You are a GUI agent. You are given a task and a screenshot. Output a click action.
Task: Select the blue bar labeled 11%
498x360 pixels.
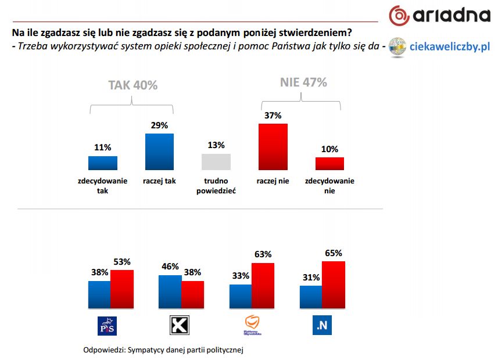pos(103,163)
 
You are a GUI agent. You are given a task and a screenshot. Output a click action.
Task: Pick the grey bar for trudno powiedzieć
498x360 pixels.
pos(216,162)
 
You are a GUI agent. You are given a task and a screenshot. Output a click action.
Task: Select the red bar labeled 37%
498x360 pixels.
pos(273,147)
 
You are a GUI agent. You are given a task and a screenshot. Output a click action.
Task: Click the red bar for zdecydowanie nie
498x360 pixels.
pos(329,164)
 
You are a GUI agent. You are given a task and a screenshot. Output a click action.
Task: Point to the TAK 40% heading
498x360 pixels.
pos(133,85)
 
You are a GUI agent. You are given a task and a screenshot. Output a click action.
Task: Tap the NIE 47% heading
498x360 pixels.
pos(303,82)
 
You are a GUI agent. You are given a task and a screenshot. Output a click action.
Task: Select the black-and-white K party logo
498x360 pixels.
pos(178,326)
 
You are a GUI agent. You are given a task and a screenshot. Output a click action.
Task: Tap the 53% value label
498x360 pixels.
pos(123,261)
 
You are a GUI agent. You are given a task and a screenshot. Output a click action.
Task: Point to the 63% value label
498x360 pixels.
pos(263,254)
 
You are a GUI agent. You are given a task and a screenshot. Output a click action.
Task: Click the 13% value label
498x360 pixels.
pos(216,145)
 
